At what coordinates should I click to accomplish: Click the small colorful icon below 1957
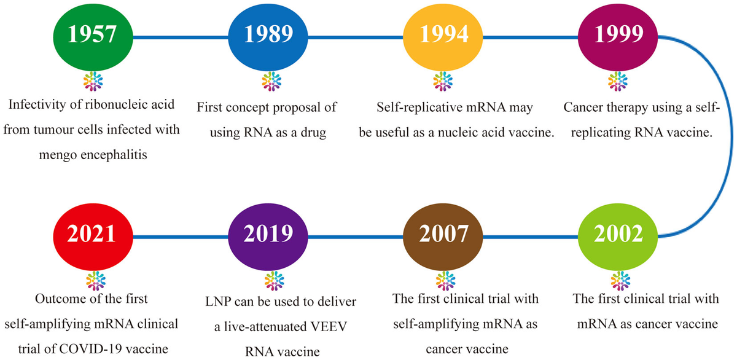click(x=92, y=80)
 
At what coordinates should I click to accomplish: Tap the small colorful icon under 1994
click(x=441, y=80)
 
